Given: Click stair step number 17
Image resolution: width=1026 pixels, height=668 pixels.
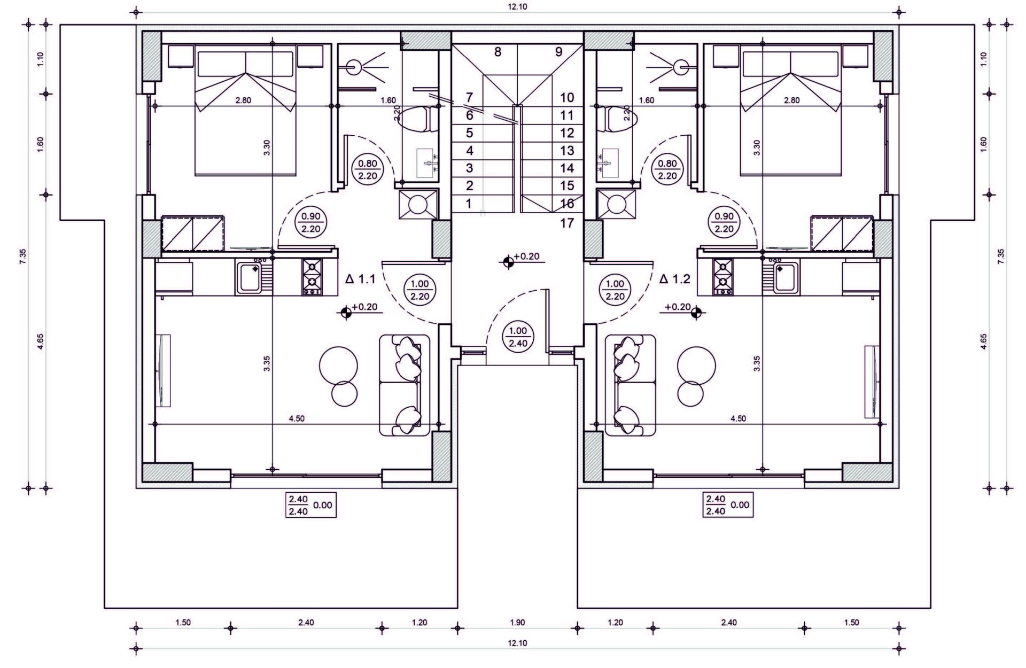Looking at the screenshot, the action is (567, 223).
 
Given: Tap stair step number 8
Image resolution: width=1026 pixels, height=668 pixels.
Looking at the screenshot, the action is (498, 52).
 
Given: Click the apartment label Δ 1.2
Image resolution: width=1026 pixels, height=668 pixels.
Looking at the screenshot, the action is (675, 278).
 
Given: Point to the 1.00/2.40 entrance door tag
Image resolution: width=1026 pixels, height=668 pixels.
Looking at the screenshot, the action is (518, 337).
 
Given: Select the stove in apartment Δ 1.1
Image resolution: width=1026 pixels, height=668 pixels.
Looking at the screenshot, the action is (313, 277).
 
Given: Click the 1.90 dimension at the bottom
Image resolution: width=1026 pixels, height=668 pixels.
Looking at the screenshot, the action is (518, 623).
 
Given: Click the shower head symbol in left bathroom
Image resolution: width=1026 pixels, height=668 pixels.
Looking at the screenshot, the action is (353, 67).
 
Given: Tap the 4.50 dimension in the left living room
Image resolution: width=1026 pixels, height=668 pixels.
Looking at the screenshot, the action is (297, 418).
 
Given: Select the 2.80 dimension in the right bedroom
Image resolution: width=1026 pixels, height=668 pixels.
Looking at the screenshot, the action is (790, 100).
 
